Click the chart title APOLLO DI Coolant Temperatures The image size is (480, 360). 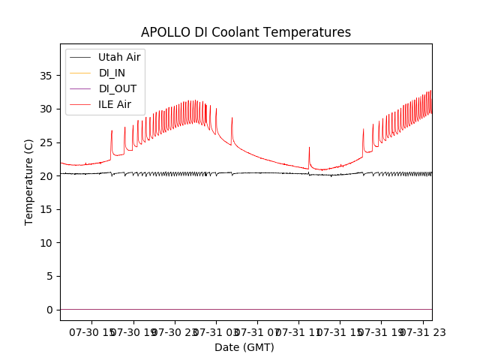(246, 32)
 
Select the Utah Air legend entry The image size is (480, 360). (119, 57)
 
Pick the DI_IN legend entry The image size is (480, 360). (113, 73)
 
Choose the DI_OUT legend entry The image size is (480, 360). (118, 88)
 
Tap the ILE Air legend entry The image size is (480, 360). (115, 104)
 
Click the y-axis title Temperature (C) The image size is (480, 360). (29, 181)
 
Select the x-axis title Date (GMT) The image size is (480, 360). (244, 347)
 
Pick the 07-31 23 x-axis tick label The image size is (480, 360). (421, 331)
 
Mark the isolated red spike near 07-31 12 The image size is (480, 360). (309, 148)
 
